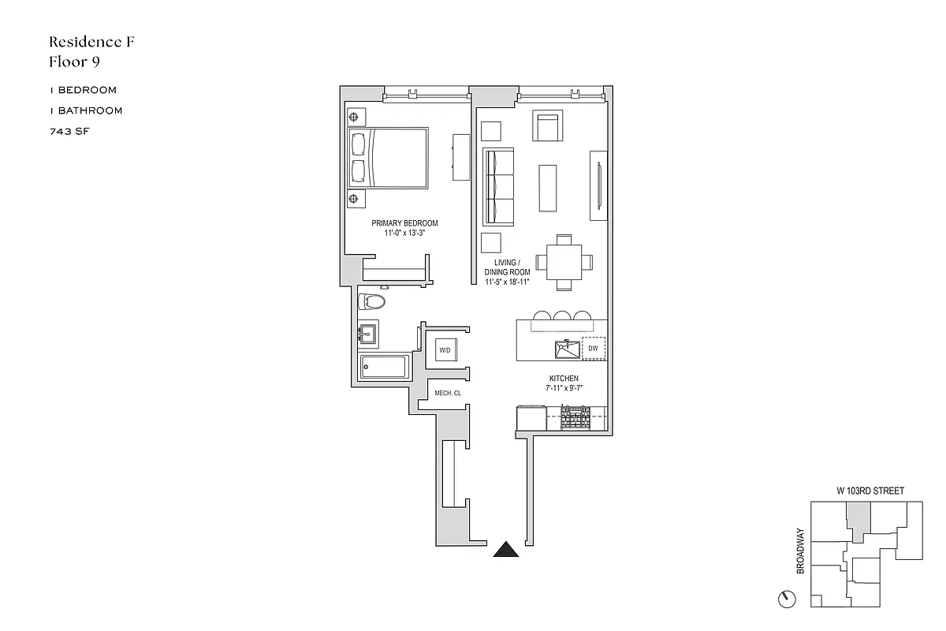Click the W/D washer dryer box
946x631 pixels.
445,349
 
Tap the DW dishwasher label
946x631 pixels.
593,348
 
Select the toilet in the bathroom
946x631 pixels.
371,301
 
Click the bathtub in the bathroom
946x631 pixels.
384,368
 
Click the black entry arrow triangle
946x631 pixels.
506,550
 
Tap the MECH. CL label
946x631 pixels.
447,393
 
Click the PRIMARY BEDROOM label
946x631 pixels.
404,223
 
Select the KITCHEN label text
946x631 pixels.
564,379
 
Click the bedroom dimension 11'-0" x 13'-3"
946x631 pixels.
404,233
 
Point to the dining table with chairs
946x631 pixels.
564,262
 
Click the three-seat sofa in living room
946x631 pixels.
498,186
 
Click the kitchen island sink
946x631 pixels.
564,347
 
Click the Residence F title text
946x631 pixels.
91,42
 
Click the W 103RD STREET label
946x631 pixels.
870,491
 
